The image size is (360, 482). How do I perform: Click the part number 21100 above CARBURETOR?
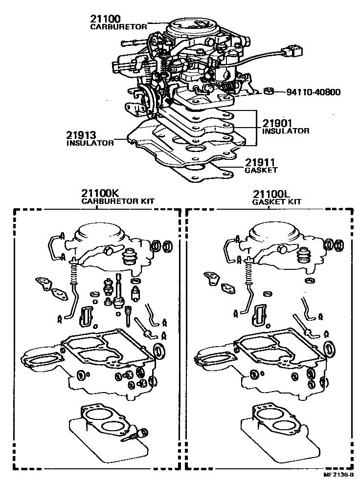point(105,19)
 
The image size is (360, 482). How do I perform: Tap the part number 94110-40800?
point(313,91)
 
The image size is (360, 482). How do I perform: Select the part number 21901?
point(278,123)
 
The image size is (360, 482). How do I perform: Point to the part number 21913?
point(82,135)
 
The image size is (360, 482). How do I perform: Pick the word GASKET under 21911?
point(261,170)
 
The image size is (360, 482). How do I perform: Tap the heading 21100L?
point(270,194)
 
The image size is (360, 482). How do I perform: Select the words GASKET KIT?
point(276,201)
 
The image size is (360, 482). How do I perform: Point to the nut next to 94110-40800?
point(268,91)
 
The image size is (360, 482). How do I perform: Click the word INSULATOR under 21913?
point(90,143)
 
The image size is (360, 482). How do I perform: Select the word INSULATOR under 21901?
point(286,131)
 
